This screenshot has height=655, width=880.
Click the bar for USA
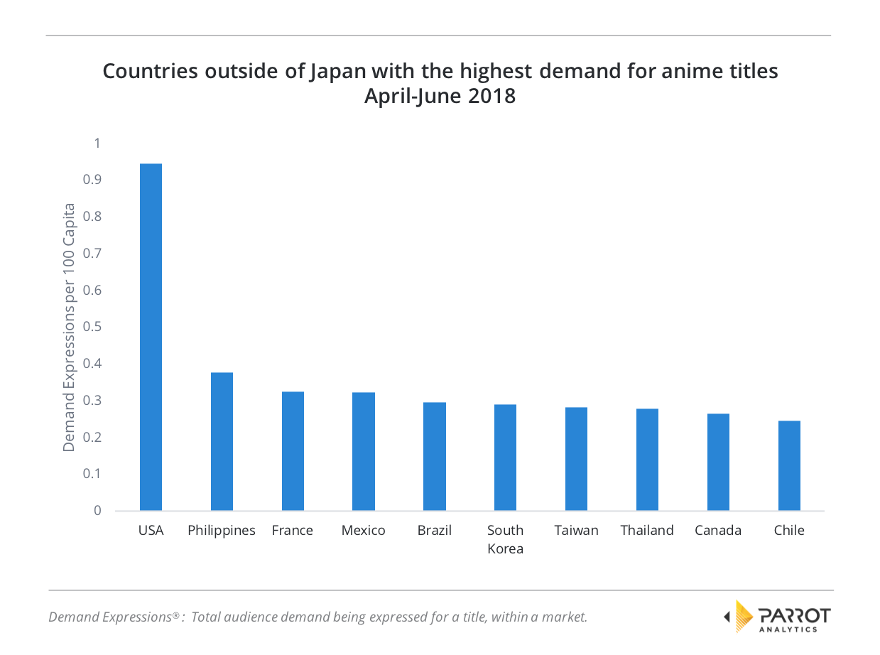coord(151,337)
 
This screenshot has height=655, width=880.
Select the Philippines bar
coord(222,441)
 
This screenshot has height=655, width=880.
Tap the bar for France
coord(293,451)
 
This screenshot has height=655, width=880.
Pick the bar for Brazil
coord(434,456)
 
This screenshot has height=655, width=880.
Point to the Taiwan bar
coord(576,459)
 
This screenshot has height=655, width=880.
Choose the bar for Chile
coord(789,465)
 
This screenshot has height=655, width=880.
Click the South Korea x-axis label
coord(505,539)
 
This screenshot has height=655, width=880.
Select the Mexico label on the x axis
coord(363,531)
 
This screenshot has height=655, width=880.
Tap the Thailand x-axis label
coord(646,531)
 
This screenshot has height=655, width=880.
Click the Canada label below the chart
coord(718,531)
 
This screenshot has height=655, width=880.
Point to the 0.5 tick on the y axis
coord(93,327)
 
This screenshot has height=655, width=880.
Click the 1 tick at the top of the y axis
coord(97,144)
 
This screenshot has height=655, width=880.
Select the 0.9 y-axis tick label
coord(93,180)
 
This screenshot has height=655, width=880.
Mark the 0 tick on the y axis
coord(97,511)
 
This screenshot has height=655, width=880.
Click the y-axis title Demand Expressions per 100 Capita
coord(69,327)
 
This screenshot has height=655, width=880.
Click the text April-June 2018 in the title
coord(440,96)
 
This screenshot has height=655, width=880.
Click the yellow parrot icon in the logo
coord(743,616)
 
